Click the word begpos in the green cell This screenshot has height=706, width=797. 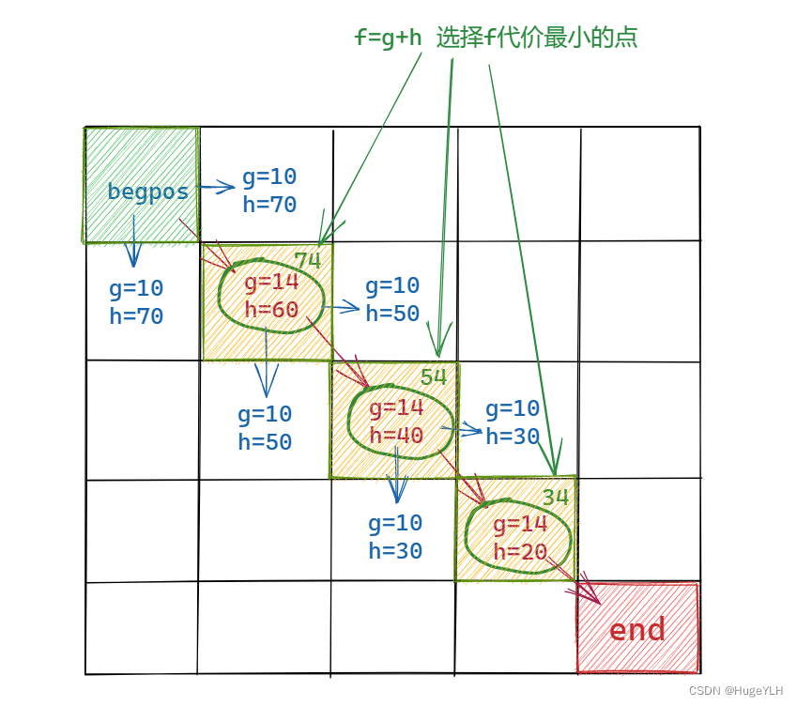147,192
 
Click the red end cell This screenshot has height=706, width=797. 637,629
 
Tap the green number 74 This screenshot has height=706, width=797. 308,260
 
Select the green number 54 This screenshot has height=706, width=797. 434,377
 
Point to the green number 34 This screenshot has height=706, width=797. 556,498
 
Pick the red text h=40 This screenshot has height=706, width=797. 396,435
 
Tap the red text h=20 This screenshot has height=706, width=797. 520,552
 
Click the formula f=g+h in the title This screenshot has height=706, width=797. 388,38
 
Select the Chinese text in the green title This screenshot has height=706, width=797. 537,38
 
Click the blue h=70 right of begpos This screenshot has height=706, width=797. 269,204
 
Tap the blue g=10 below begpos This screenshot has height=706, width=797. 136,288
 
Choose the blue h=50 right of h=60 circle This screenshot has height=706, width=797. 392,314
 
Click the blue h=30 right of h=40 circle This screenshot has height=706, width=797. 513,436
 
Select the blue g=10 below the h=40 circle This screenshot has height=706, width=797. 395,523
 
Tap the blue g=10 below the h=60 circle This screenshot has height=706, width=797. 265,414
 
